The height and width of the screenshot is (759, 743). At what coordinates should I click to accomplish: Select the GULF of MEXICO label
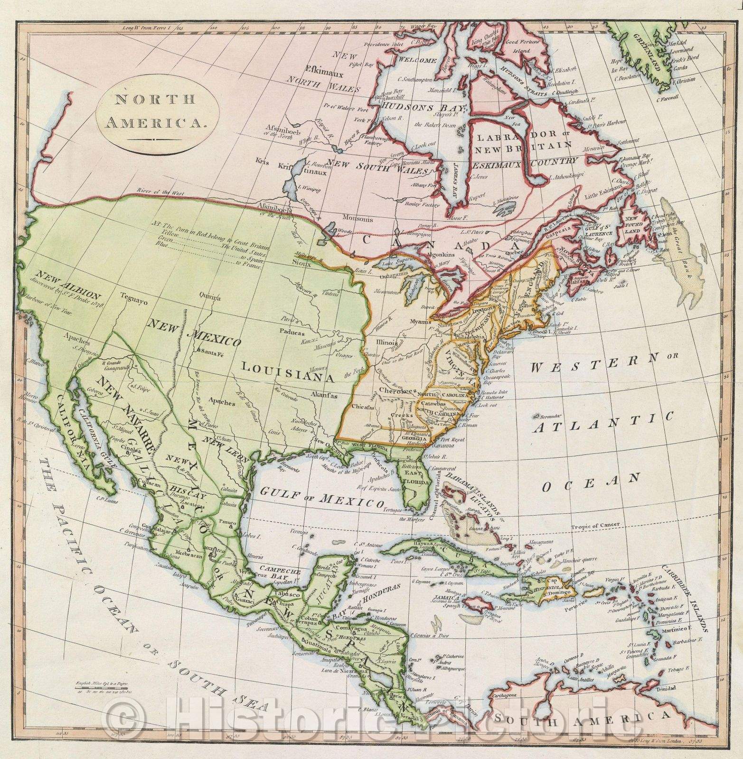[x=322, y=498]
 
